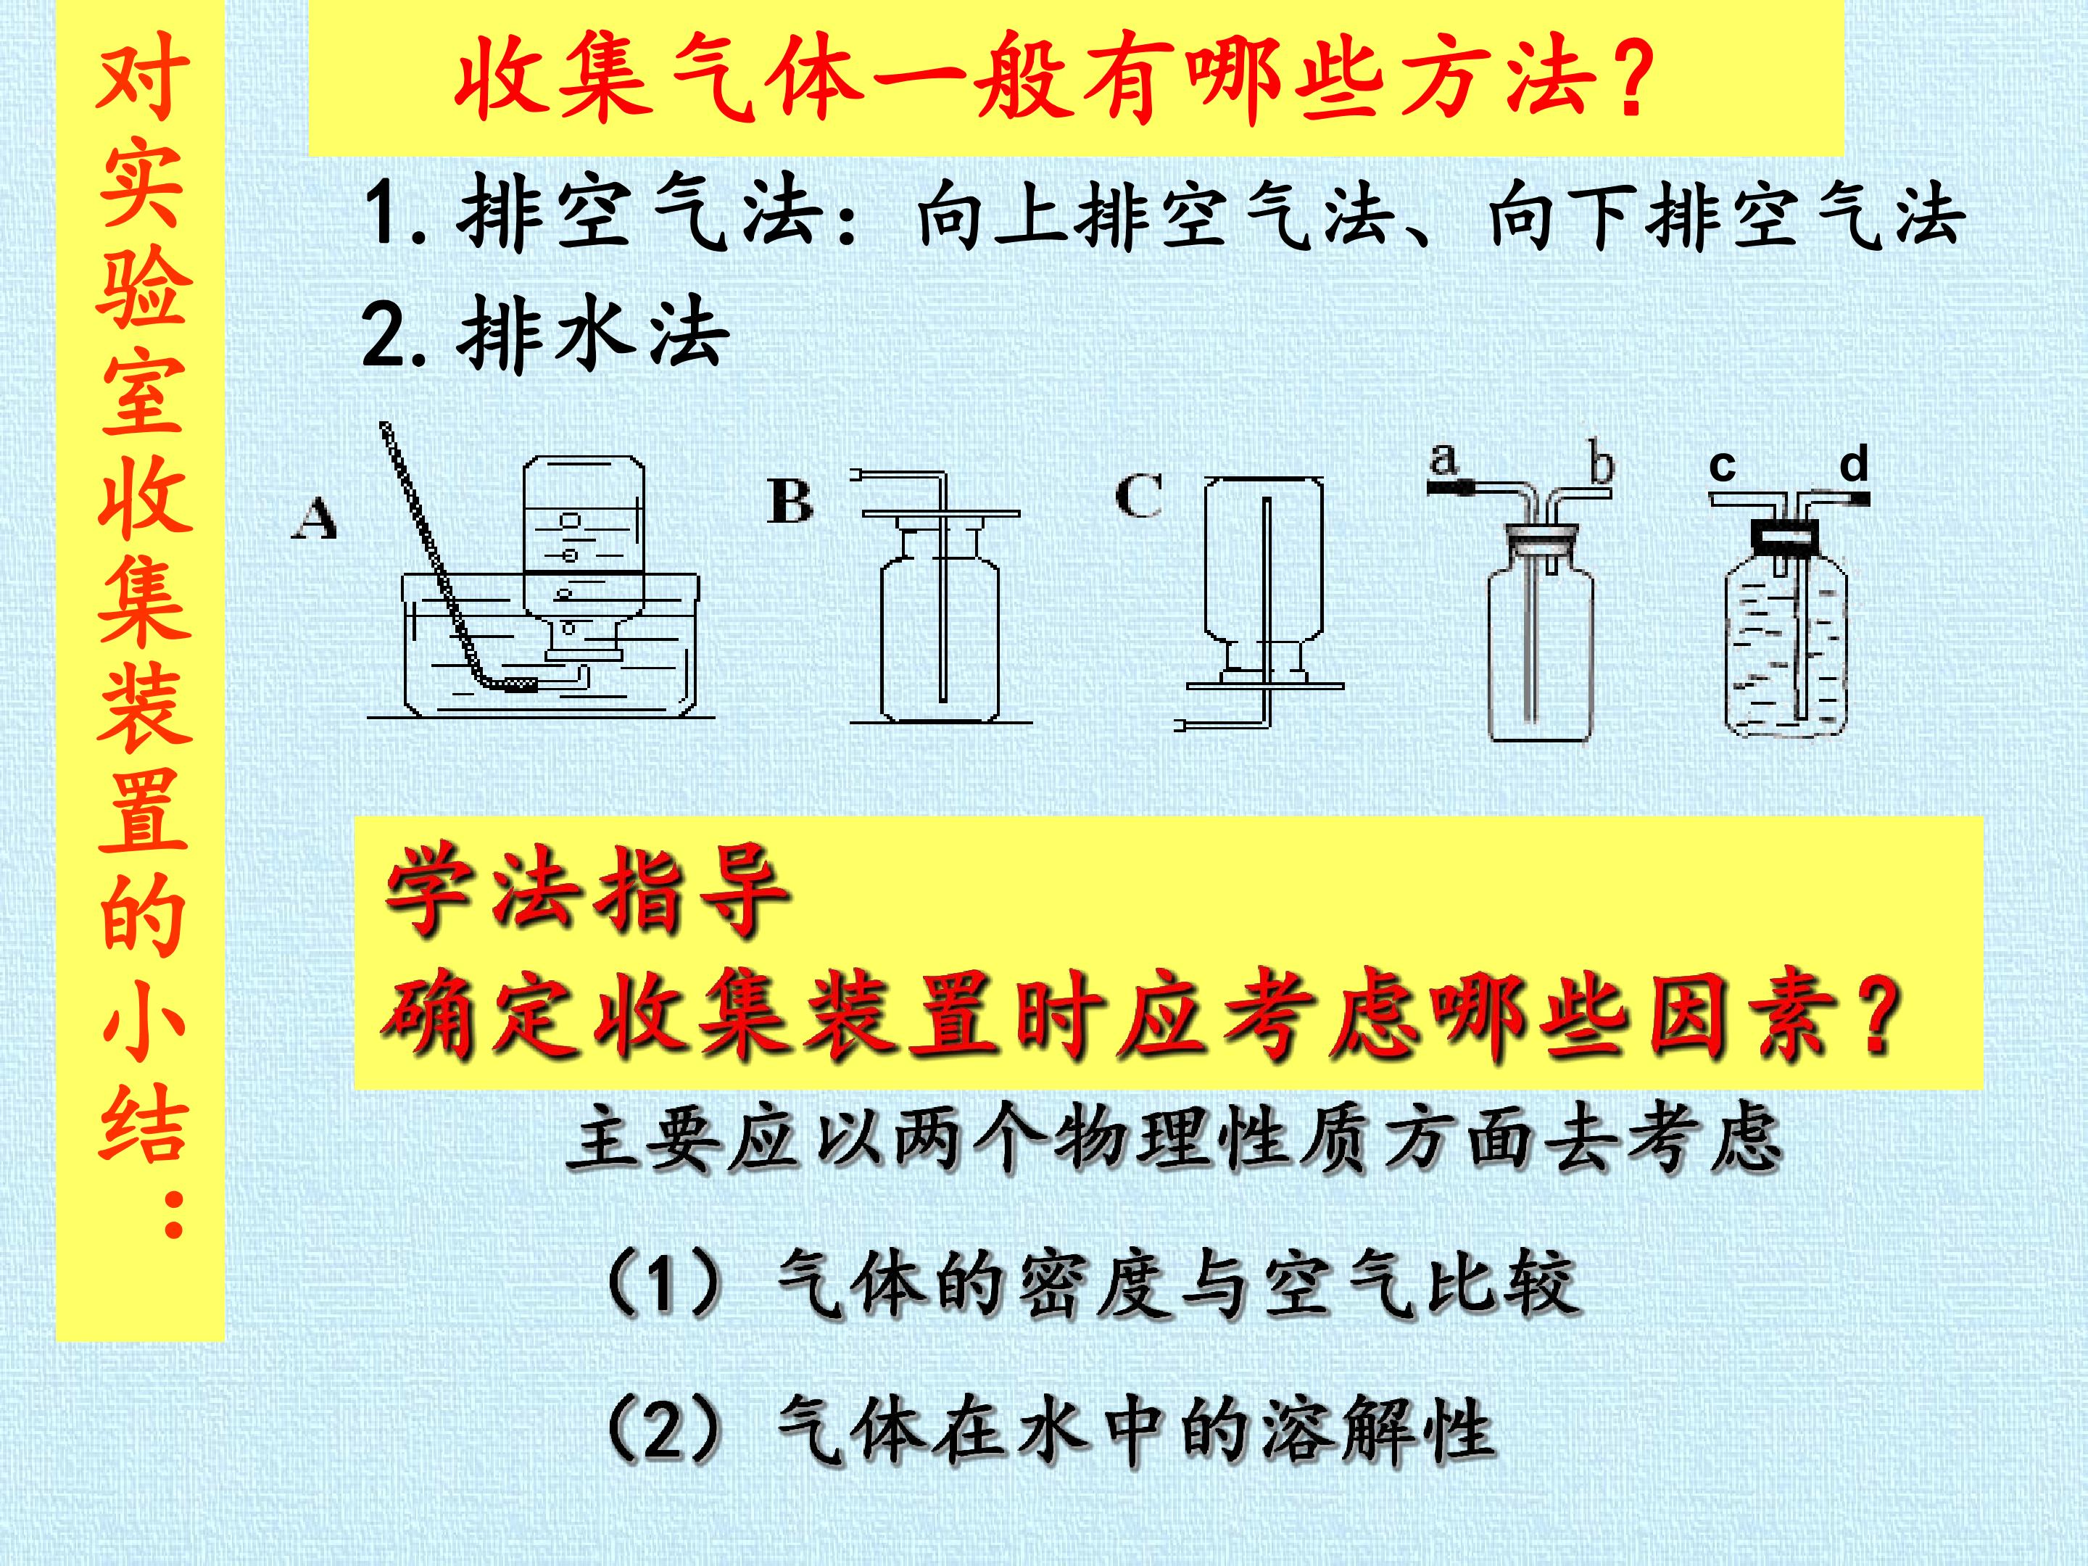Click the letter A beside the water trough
315,518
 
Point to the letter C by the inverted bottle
1138,496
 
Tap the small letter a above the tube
1444,460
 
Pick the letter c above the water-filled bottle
1722,466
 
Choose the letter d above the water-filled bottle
1854,463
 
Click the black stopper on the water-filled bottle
1785,535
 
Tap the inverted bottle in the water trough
584,557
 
